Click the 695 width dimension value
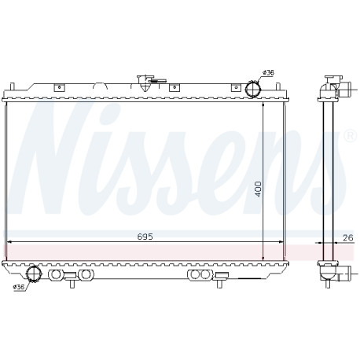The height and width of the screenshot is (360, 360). [145, 237]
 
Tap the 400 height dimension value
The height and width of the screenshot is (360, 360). [258, 189]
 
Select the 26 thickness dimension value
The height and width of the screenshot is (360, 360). [348, 237]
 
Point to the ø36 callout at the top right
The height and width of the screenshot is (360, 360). [268, 72]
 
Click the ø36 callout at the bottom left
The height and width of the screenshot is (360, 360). [19, 287]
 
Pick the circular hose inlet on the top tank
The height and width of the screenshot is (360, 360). [253, 88]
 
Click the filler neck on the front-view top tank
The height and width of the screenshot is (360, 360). [145, 83]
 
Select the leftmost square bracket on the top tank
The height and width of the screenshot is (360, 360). [59, 87]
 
